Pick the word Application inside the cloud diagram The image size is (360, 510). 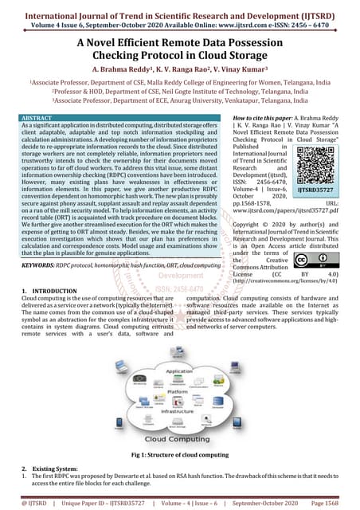click(x=179, y=372)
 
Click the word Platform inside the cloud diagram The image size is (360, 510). click(x=178, y=391)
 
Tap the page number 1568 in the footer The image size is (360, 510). click(x=335, y=504)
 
